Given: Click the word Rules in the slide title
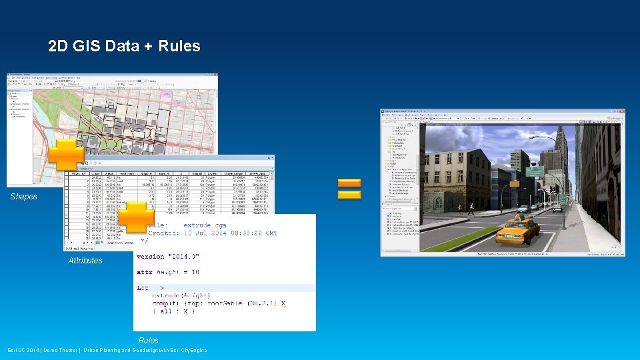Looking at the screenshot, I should pyautogui.click(x=179, y=46).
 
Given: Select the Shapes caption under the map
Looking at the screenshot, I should pyautogui.click(x=23, y=197).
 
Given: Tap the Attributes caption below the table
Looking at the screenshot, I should pyautogui.click(x=85, y=261).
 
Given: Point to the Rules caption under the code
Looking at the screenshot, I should pyautogui.click(x=149, y=341).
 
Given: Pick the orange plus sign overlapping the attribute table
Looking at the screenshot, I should pyautogui.click(x=135, y=218).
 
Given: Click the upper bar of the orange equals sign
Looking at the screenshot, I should pyautogui.click(x=349, y=183).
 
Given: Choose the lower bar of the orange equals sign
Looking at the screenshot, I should pyautogui.click(x=349, y=195).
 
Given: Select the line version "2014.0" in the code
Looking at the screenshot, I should pyautogui.click(x=167, y=257).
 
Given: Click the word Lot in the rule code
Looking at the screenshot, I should pyautogui.click(x=143, y=287).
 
